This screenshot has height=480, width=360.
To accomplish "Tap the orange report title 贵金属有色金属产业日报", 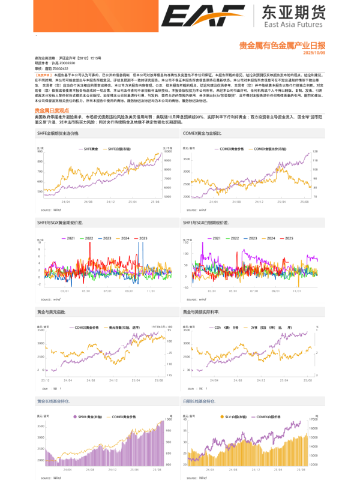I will click(x=283, y=45).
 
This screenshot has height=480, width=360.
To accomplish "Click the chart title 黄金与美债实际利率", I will click(x=203, y=312).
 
